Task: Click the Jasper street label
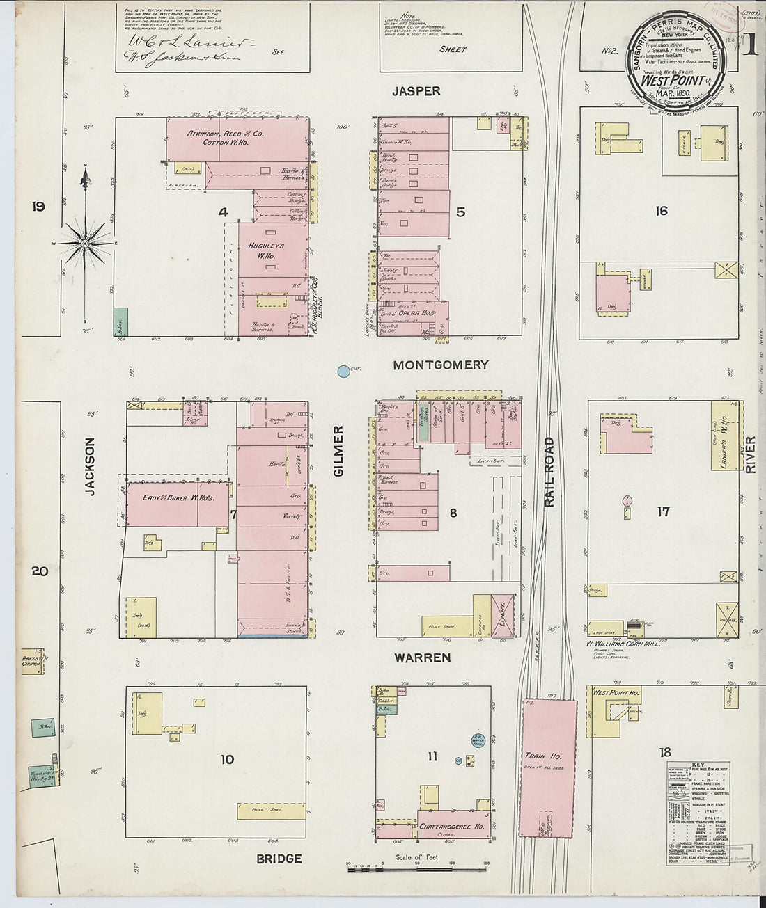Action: tap(416, 91)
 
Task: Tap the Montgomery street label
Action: tap(441, 365)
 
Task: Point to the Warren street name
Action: tap(422, 658)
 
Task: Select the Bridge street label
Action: tap(279, 859)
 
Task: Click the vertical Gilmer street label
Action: tap(339, 452)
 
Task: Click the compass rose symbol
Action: tap(84, 243)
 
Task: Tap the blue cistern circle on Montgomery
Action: tap(343, 372)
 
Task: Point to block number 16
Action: tap(661, 211)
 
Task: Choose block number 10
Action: tap(227, 759)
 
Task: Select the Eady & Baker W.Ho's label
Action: tap(178, 497)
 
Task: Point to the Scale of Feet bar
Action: tap(417, 868)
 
